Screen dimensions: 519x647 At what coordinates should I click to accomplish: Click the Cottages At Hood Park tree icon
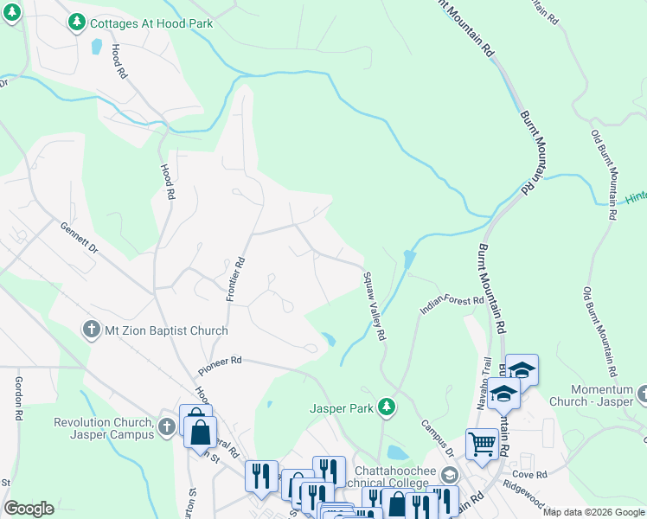coord(77,21)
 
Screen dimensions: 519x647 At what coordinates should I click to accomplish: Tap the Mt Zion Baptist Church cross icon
coord(89,330)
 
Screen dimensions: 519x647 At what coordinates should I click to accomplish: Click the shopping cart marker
coord(482,444)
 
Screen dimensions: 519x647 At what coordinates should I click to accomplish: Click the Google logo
coord(29,509)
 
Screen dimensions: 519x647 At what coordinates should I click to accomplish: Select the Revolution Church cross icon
coord(167,427)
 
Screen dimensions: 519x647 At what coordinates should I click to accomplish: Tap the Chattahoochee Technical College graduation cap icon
coord(449,475)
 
